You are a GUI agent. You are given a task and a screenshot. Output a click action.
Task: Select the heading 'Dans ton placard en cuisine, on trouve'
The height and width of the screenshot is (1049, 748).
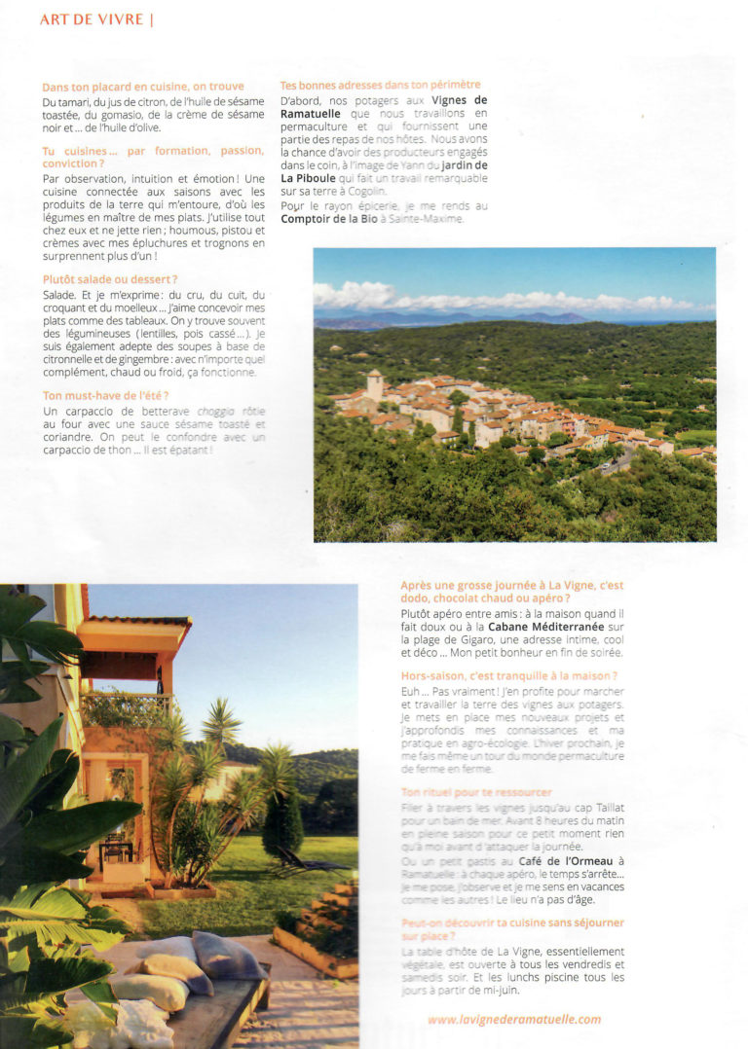[x=143, y=87]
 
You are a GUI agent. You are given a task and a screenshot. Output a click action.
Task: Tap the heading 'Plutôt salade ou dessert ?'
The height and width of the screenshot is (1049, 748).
[x=110, y=279]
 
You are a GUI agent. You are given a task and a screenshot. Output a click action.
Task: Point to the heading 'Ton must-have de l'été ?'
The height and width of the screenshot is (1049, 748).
[x=106, y=395]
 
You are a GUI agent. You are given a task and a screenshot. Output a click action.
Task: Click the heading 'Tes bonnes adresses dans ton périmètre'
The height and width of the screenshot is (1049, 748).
[x=380, y=86]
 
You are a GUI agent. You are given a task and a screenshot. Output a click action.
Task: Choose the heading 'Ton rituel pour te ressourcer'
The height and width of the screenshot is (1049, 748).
[x=476, y=793]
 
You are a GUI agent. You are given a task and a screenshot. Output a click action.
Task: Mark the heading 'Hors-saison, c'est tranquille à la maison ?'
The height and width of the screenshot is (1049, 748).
[x=509, y=675]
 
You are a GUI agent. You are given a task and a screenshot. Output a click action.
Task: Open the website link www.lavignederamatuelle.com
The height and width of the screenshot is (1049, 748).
[x=514, y=1020]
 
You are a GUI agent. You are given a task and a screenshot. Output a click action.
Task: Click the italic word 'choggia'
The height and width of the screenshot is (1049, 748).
[x=216, y=412]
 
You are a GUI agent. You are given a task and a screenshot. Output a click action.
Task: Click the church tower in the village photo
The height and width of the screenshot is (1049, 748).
[x=375, y=383]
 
